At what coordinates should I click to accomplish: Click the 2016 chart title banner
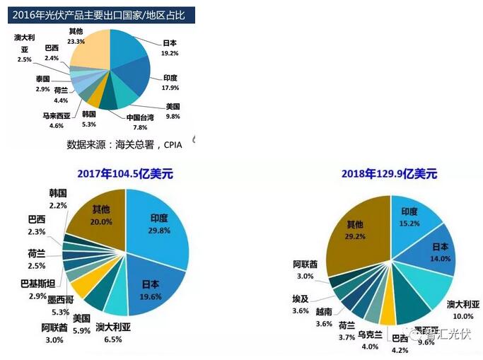tap(99, 13)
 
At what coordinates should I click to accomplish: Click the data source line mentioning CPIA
tap(124, 145)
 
